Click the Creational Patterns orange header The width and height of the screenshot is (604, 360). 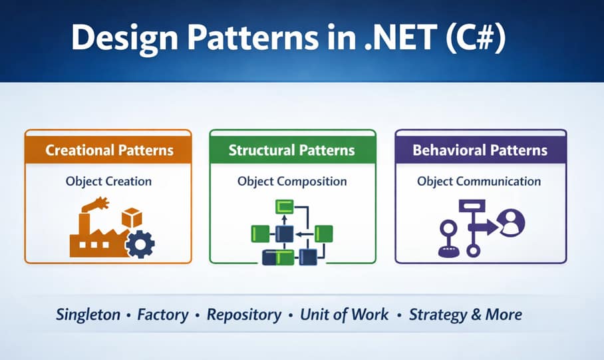click(x=109, y=150)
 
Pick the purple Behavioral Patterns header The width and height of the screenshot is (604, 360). click(x=480, y=150)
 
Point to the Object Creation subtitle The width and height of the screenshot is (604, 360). click(x=108, y=181)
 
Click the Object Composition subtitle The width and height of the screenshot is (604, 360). click(x=292, y=181)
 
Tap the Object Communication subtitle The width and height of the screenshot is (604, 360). click(x=479, y=181)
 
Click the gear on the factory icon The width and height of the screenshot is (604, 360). click(x=140, y=244)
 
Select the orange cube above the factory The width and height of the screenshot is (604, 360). click(x=131, y=218)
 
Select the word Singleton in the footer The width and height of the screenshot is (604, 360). click(x=88, y=314)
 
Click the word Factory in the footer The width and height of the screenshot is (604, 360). click(x=164, y=314)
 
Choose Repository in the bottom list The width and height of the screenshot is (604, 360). click(x=244, y=314)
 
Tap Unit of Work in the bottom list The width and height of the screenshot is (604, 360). click(x=344, y=314)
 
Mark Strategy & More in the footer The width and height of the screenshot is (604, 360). click(x=465, y=314)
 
